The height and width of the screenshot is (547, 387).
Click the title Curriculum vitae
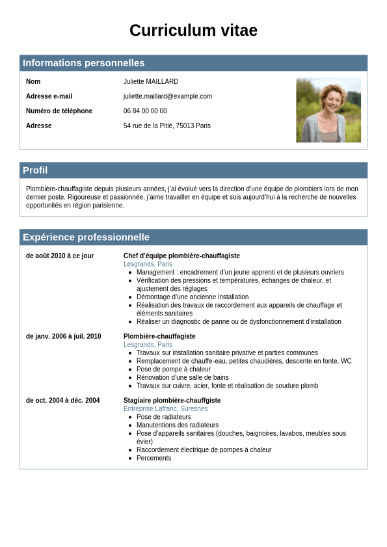193,31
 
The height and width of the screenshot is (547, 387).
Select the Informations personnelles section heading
83,63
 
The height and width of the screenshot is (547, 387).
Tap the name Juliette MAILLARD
151,82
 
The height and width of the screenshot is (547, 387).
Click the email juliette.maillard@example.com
168,96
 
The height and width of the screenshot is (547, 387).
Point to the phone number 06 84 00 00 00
145,111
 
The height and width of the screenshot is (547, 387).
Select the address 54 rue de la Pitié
167,126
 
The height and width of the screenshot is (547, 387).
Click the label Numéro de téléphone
59,111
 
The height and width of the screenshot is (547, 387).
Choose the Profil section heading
35,170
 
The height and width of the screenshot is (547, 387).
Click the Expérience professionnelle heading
86,237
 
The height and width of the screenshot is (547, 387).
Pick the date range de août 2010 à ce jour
60,256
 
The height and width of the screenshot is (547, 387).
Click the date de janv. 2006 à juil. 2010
64,336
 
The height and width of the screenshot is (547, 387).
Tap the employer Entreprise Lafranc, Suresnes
166,408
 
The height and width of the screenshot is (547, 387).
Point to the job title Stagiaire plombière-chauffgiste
172,401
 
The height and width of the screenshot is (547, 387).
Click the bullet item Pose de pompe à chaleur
174,369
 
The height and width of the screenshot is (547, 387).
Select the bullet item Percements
154,458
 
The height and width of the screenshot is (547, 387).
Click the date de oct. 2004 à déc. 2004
63,401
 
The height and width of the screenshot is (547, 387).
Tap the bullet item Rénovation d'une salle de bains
182,378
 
